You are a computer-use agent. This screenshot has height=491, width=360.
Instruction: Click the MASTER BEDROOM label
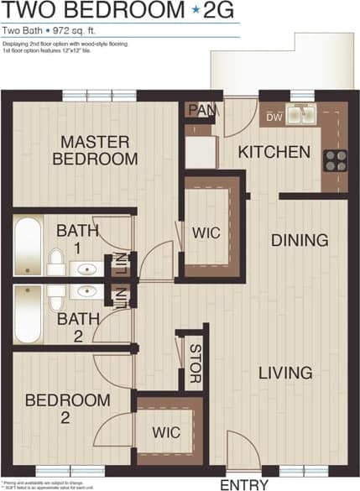(x=95, y=150)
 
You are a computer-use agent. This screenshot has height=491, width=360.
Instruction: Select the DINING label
(x=299, y=241)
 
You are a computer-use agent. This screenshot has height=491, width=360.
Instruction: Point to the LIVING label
(x=285, y=373)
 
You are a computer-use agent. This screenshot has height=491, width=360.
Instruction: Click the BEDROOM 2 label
(x=67, y=409)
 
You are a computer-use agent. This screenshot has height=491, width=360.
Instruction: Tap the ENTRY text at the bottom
(x=244, y=484)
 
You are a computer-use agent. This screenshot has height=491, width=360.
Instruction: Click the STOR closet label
(x=195, y=363)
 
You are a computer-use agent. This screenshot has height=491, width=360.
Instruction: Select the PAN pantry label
(x=200, y=110)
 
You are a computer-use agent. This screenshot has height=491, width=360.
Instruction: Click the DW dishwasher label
(x=274, y=118)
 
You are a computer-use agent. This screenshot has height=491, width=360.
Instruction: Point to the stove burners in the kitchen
(x=336, y=160)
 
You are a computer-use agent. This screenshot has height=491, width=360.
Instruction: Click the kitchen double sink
(x=301, y=114)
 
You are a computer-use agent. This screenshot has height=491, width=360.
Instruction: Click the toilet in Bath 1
(x=55, y=261)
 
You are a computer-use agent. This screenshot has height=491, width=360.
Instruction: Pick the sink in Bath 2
(x=86, y=291)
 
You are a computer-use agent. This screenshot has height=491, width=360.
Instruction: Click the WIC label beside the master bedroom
(x=206, y=232)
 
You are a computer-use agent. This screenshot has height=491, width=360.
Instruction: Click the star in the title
(x=196, y=11)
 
